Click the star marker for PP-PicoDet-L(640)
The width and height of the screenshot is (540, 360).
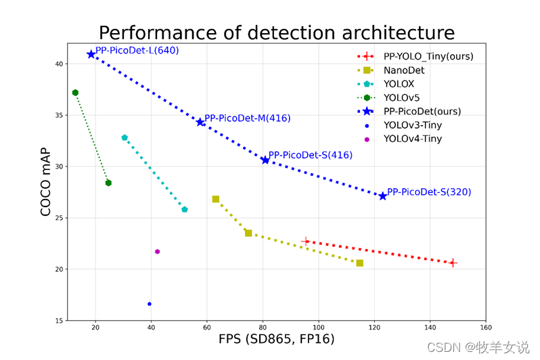point(91,54)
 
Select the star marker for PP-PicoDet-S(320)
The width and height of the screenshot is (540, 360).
point(383,196)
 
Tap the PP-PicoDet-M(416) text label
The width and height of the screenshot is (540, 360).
point(247,118)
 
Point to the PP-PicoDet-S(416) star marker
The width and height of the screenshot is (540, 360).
point(265,160)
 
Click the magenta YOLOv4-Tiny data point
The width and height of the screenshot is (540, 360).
point(158,252)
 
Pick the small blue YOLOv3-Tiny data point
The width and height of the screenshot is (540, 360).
point(150,304)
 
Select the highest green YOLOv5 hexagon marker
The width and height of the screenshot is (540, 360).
point(75,93)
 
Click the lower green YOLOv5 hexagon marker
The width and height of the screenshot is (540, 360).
point(108,183)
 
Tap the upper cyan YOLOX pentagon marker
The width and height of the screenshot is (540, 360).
point(125,137)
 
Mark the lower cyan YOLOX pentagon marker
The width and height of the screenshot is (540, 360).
point(185,210)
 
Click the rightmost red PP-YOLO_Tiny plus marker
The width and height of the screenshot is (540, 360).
point(453,263)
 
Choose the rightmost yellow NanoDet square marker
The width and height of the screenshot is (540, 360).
point(359,263)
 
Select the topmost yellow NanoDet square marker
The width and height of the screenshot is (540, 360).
point(216,199)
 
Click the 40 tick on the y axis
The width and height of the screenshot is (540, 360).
point(59,64)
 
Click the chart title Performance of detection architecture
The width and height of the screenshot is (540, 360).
point(276,32)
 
